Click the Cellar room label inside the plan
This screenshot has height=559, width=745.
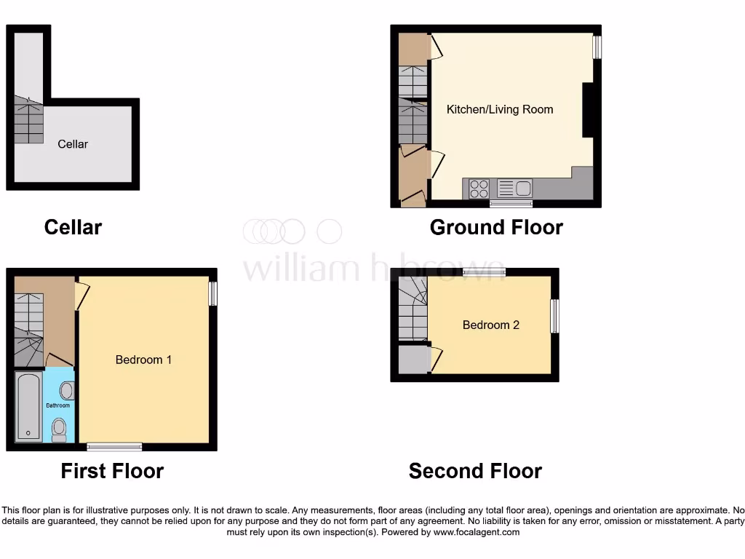coord(73,144)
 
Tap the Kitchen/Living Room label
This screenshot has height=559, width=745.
coord(499,109)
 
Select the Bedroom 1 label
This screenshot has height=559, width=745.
coord(143,360)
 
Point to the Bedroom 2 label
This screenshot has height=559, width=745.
coord(491,325)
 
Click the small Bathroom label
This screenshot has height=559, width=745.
coord(58,405)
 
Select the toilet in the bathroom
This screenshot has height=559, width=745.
coord(60,428)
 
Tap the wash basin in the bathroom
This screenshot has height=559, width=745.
coord(66,390)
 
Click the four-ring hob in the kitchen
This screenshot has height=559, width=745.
coord(479,189)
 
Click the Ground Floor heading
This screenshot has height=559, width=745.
coord(496,227)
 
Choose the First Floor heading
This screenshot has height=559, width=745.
coord(112,471)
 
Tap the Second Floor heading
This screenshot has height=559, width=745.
coord(475,471)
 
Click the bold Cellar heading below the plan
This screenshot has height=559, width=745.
coord(73,227)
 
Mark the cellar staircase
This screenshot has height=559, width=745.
coord(28,121)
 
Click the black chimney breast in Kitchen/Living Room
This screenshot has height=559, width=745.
coord(588,109)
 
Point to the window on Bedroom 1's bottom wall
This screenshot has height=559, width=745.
coord(114,446)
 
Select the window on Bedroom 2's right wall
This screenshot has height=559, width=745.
coord(555,316)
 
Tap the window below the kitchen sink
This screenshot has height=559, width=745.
coord(511,203)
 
